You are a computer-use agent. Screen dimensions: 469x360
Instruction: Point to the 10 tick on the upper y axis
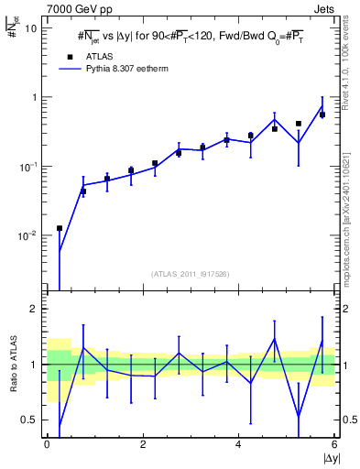tap(30, 27)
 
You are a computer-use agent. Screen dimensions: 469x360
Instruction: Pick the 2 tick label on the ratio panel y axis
tap(35, 309)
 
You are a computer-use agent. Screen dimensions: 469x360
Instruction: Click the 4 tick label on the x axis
tap(239, 444)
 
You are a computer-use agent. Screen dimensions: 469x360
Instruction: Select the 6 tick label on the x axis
tap(334, 444)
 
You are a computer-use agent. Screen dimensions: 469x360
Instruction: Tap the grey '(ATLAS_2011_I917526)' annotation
tap(191, 273)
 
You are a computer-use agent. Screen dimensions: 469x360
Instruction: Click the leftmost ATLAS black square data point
tap(60, 228)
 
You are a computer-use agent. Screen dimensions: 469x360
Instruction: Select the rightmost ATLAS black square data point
tap(322, 115)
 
